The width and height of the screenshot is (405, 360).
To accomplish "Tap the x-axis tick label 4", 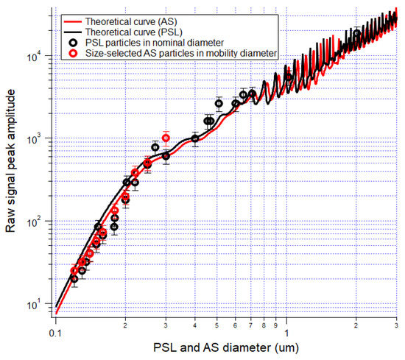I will point(194,326).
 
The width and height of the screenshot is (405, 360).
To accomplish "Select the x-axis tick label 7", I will point(250,326).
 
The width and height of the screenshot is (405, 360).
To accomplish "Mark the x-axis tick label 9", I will point(275,326).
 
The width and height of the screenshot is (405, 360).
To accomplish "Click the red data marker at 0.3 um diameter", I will point(166,138).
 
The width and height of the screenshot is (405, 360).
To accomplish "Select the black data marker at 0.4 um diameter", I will point(194,138).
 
